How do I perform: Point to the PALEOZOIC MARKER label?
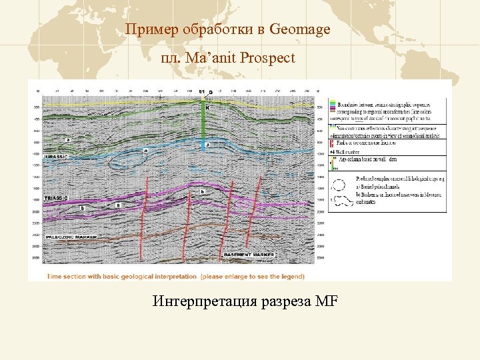70,237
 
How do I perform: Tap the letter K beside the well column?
207,106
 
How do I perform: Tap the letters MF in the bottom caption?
327,302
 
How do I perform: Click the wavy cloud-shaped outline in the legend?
343,198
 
